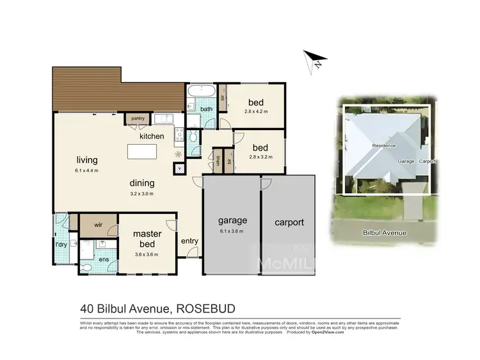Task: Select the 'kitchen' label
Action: point(152,136)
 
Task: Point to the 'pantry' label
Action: point(138,119)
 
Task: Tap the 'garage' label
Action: point(231,221)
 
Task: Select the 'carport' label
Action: point(289,223)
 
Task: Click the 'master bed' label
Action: point(147,238)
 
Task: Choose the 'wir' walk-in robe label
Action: point(99,225)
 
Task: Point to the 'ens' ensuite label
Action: point(104,258)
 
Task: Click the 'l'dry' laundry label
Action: point(61,245)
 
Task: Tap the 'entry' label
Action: point(190,240)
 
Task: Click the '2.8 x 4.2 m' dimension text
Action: point(255,111)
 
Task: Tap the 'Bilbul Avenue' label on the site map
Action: point(385,233)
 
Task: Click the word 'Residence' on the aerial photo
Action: point(384,146)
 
